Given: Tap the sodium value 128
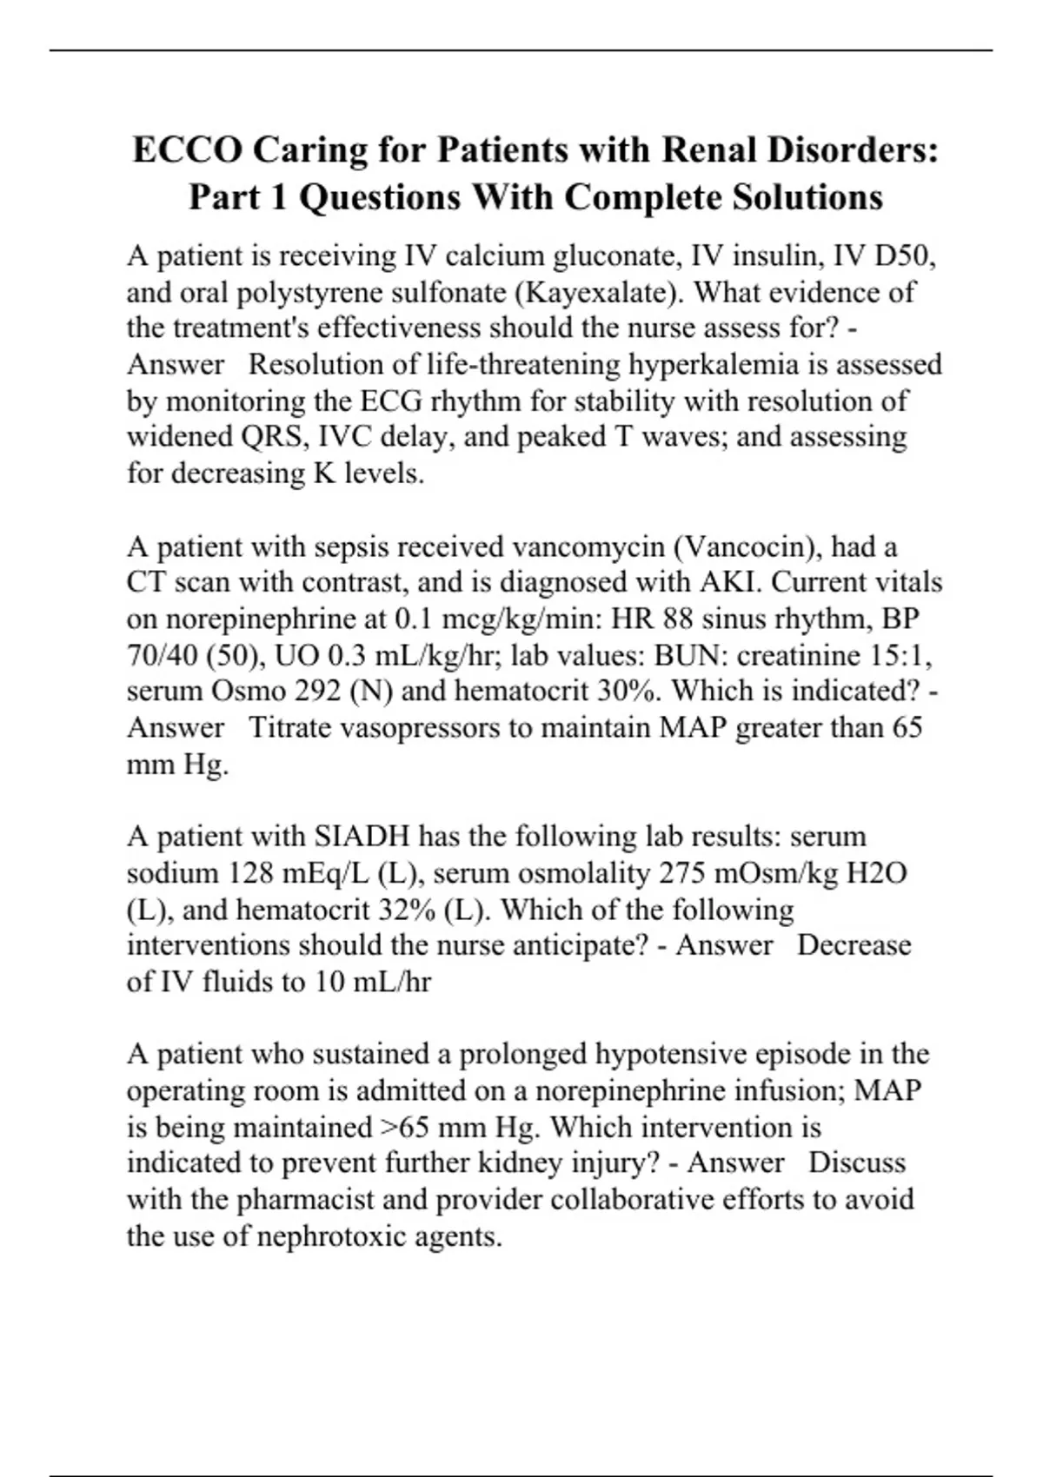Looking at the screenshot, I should (x=254, y=873).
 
